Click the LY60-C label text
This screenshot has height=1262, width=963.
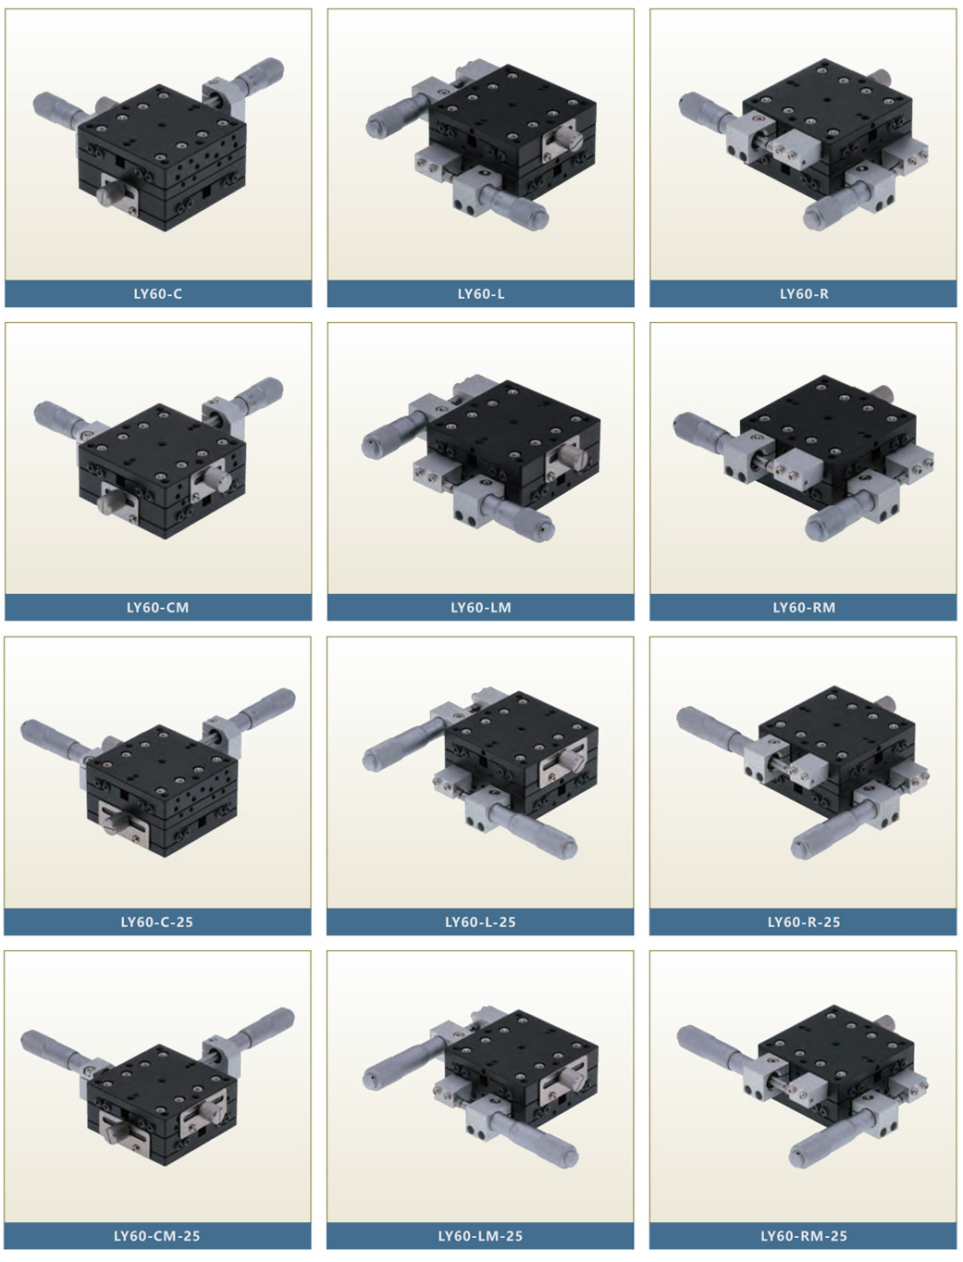click(158, 294)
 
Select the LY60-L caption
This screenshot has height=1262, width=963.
click(481, 294)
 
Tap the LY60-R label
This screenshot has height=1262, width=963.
click(804, 294)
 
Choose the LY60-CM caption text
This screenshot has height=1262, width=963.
click(158, 608)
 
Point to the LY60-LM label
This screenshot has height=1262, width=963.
click(481, 608)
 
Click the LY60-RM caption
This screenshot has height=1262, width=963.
click(804, 608)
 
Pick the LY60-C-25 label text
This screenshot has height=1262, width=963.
click(157, 922)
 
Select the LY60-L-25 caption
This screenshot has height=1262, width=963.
click(480, 922)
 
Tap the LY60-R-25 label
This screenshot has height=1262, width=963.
click(804, 922)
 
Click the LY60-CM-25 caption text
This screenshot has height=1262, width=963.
click(157, 1236)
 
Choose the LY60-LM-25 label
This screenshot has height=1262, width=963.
click(480, 1236)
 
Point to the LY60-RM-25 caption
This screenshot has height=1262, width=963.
click(804, 1236)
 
